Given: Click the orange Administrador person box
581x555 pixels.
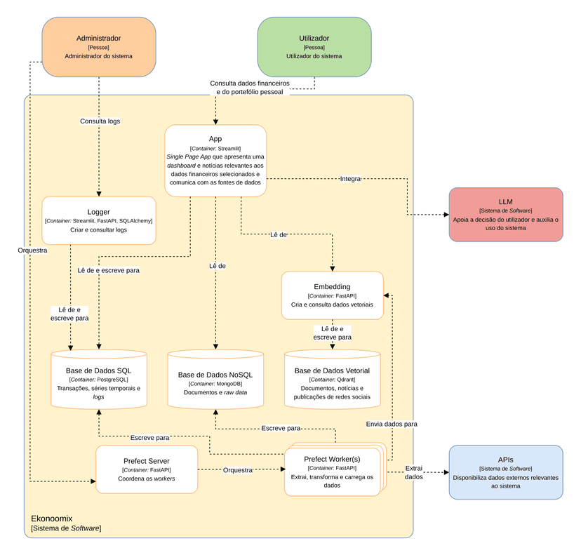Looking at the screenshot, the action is tap(99, 47).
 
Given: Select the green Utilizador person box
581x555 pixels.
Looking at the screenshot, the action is tap(314, 47).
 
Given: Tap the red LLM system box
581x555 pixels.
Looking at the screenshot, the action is tap(506, 215).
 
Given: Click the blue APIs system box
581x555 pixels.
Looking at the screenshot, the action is tap(506, 472).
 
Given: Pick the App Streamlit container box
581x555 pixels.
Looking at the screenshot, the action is tap(215, 161).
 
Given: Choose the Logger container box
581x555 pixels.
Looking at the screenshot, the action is tap(99, 220).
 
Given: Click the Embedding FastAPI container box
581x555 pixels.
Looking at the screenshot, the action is tap(333, 295).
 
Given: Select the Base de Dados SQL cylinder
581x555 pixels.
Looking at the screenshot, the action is tap(99, 379).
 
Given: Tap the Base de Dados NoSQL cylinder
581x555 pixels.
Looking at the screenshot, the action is tap(215, 379).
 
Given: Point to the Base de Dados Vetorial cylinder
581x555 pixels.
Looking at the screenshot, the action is tap(333, 379).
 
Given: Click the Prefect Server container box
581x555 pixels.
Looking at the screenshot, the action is tap(147, 469).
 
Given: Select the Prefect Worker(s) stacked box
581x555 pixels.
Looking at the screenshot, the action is tap(335, 469).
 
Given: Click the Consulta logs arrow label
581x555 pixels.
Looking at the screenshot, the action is tap(100, 121).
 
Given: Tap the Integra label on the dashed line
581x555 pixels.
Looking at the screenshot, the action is tap(350, 179).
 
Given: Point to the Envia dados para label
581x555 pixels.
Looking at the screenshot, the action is tap(392, 424).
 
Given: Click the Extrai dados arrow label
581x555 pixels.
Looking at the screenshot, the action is tap(413, 472).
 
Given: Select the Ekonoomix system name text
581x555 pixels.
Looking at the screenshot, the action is tap(51, 519).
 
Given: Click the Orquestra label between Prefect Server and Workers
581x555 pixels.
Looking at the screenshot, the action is tap(238, 470).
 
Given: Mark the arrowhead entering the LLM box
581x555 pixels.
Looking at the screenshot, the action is tap(446, 214).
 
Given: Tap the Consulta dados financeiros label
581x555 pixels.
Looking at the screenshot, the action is tap(250, 88).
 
